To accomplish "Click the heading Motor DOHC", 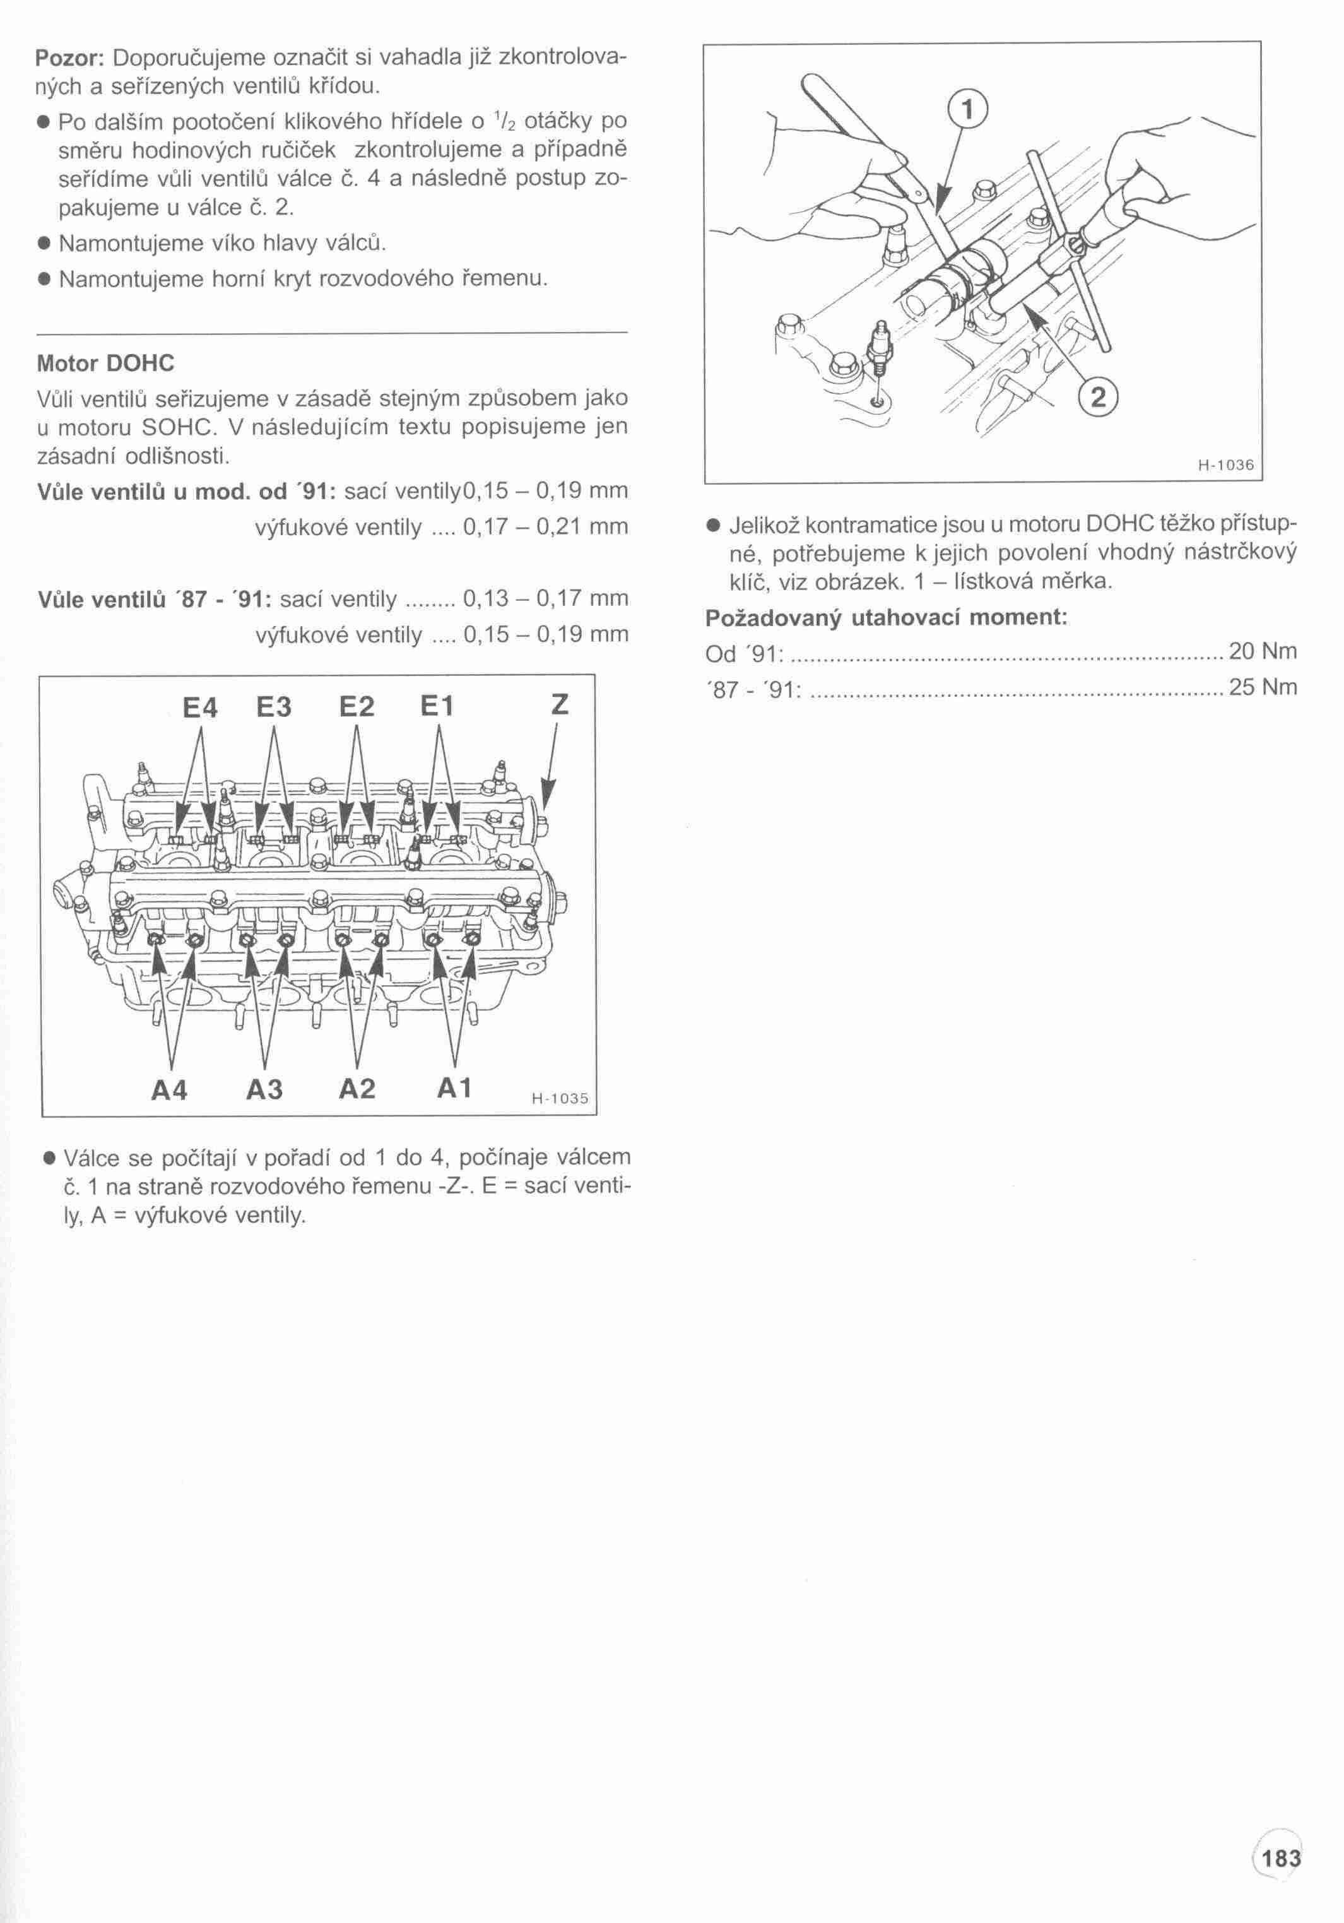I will pyautogui.click(x=105, y=364).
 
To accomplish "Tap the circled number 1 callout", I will pyautogui.click(x=968, y=109).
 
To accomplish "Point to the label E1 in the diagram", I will pyautogui.click(x=436, y=707).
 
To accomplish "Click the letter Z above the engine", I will pyautogui.click(x=560, y=705).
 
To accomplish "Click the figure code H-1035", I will pyautogui.click(x=560, y=1098).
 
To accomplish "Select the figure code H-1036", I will pyautogui.click(x=1226, y=466).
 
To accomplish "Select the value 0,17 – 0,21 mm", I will pyautogui.click(x=545, y=527).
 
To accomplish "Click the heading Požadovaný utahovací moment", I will pyautogui.click(x=886, y=618).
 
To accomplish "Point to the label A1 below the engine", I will pyautogui.click(x=455, y=1088).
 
